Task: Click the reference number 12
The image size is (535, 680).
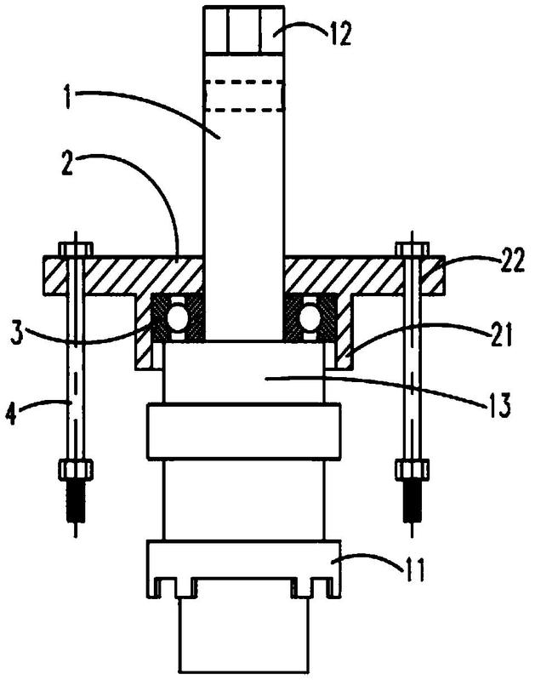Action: pyautogui.click(x=340, y=35)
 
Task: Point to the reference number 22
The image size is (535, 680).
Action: pyautogui.click(x=515, y=260)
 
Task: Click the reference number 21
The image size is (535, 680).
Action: pyautogui.click(x=503, y=334)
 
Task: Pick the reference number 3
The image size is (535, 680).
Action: pyautogui.click(x=16, y=334)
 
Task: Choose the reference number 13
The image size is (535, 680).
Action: pyautogui.click(x=501, y=405)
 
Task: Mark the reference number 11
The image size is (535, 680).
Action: pyautogui.click(x=415, y=569)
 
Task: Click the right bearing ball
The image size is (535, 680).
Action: pyautogui.click(x=309, y=319)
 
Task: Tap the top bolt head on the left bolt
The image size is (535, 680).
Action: pyautogui.click(x=76, y=249)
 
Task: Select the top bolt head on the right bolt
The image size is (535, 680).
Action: pyautogui.click(x=412, y=249)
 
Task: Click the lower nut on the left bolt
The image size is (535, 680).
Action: pyautogui.click(x=76, y=471)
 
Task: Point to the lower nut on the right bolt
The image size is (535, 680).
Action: pyautogui.click(x=413, y=471)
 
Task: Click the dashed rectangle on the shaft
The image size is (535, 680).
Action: pyautogui.click(x=243, y=96)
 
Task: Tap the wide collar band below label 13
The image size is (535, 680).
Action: pyautogui.click(x=243, y=431)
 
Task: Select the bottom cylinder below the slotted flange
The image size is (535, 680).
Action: pyautogui.click(x=243, y=636)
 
